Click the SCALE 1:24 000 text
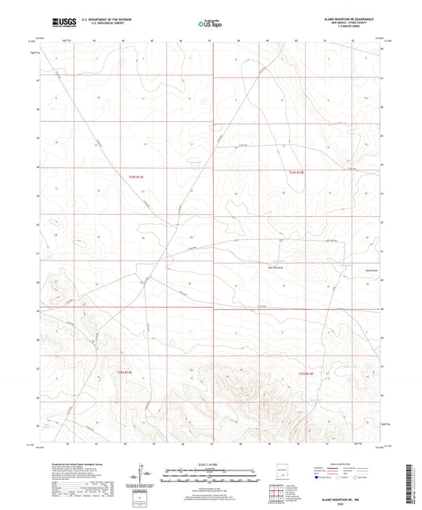click(210, 465)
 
